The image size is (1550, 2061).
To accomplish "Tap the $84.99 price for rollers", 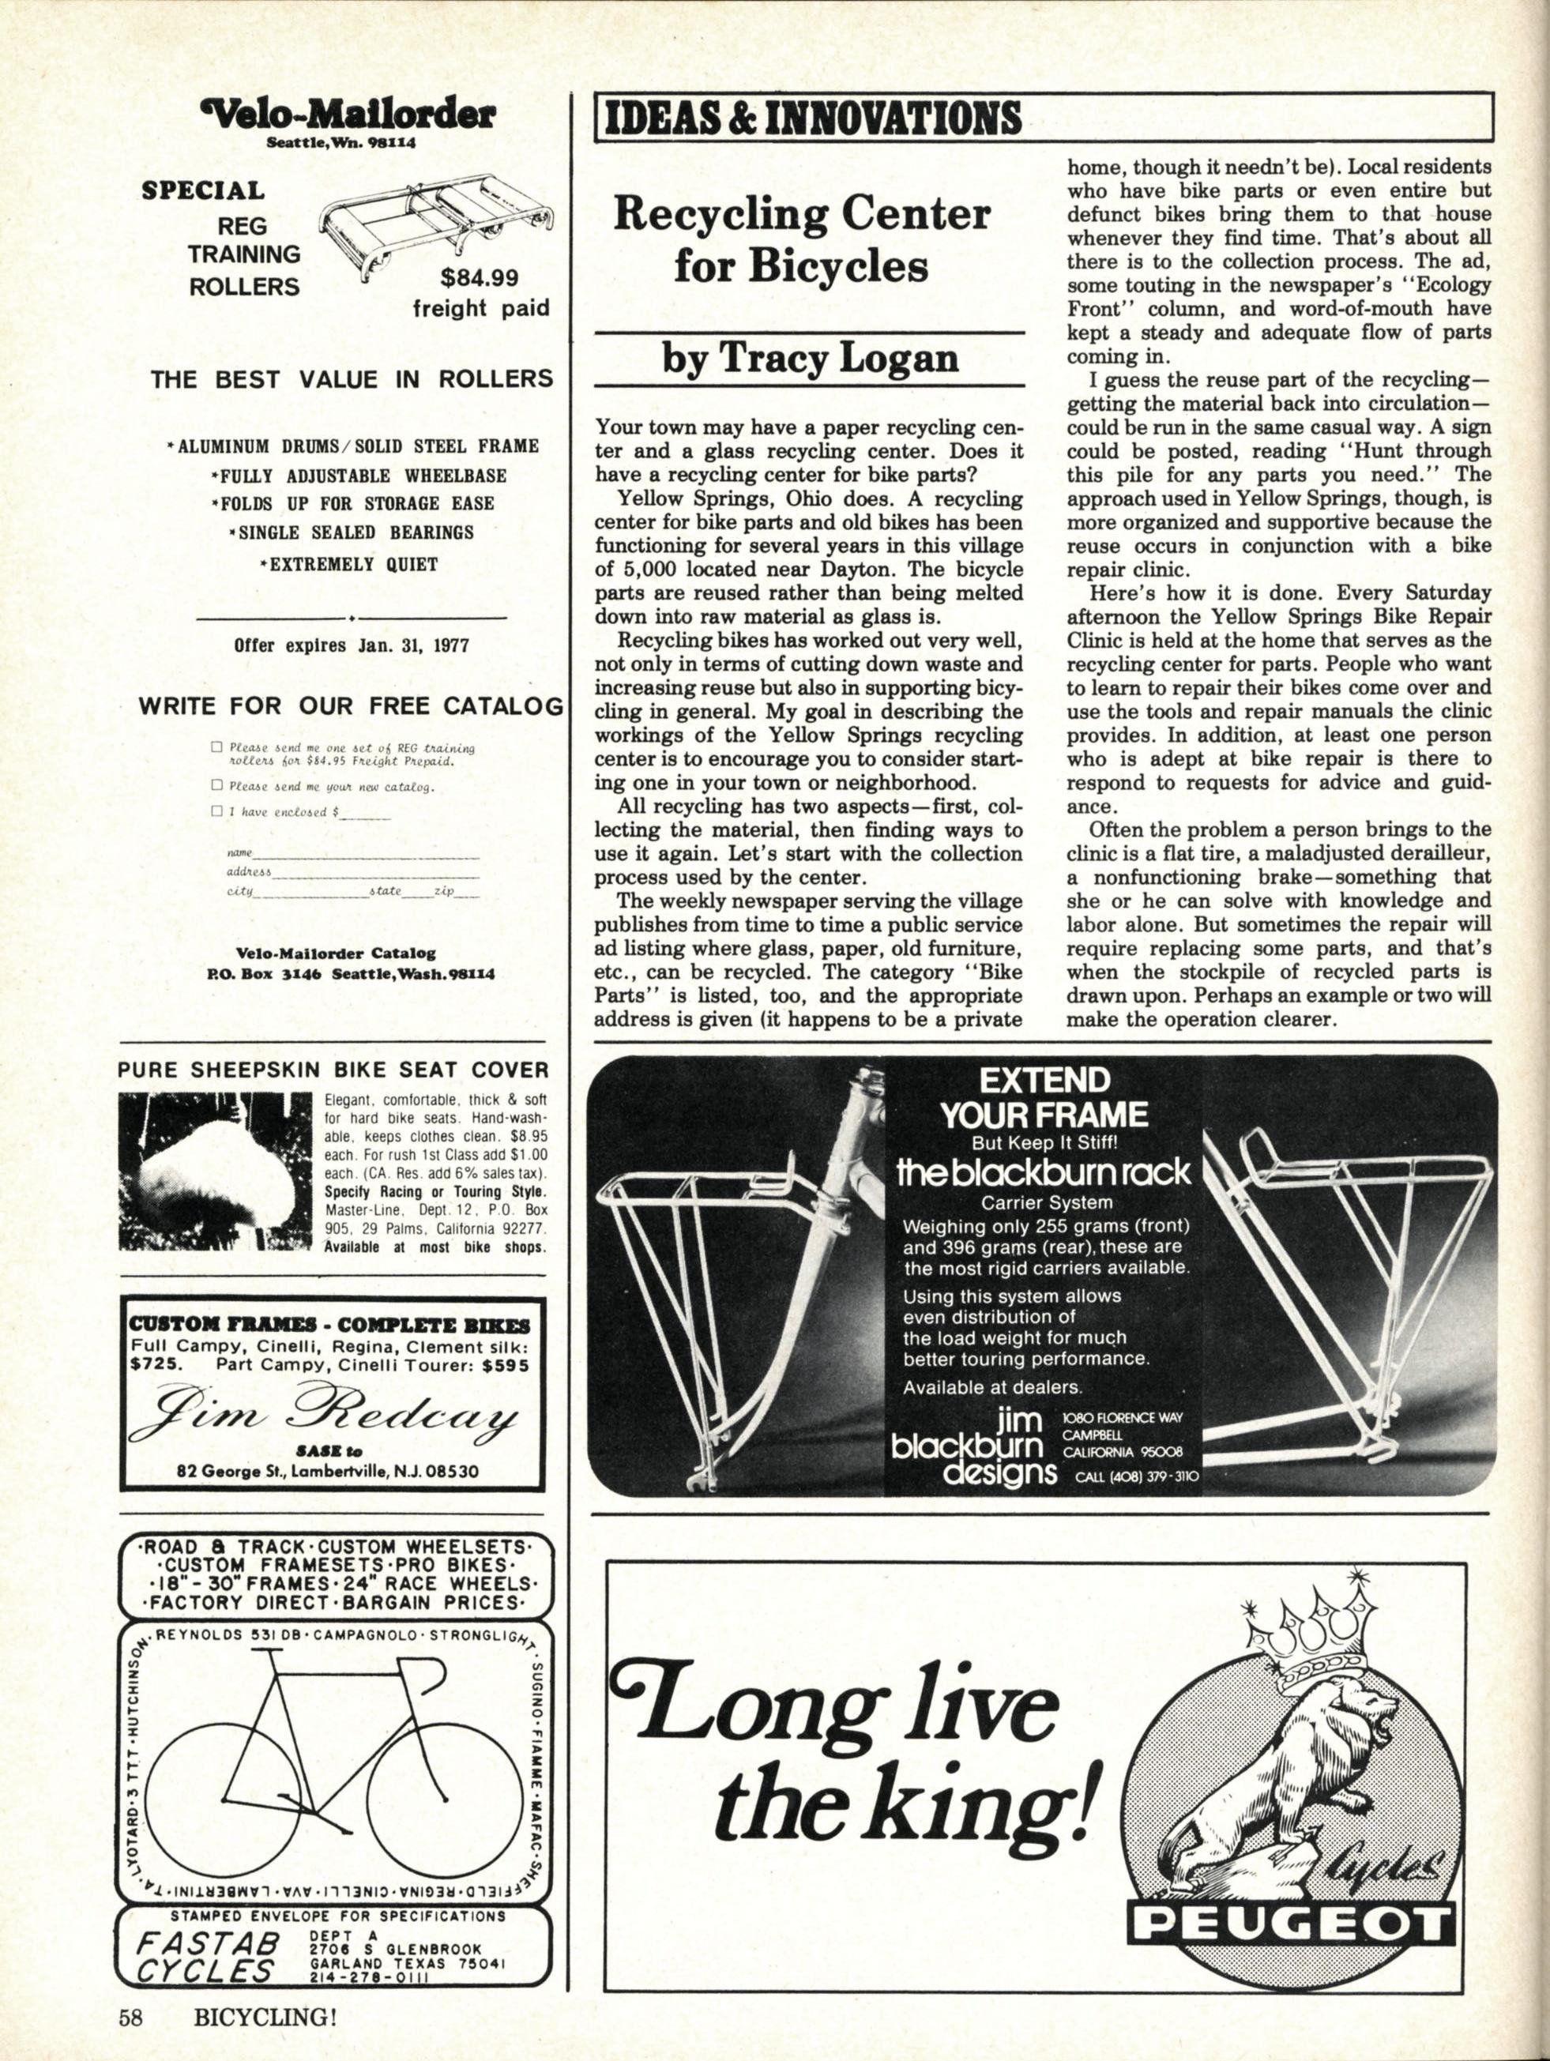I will click(x=480, y=277).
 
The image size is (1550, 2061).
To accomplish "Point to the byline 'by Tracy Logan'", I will click(x=810, y=359).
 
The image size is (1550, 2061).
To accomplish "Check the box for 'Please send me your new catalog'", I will click(x=217, y=785).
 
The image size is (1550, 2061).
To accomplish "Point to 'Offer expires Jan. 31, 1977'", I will click(x=352, y=645).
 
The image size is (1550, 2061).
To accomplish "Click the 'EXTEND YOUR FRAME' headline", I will click(x=1044, y=1097).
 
